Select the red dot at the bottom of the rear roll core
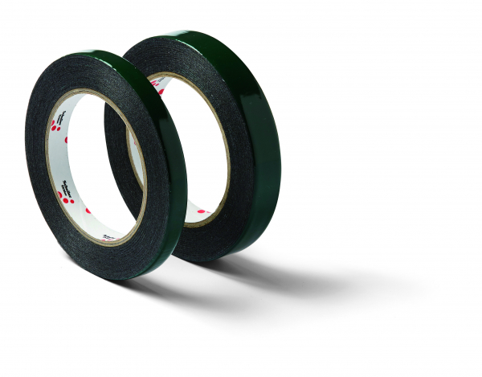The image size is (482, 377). click(199, 212)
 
